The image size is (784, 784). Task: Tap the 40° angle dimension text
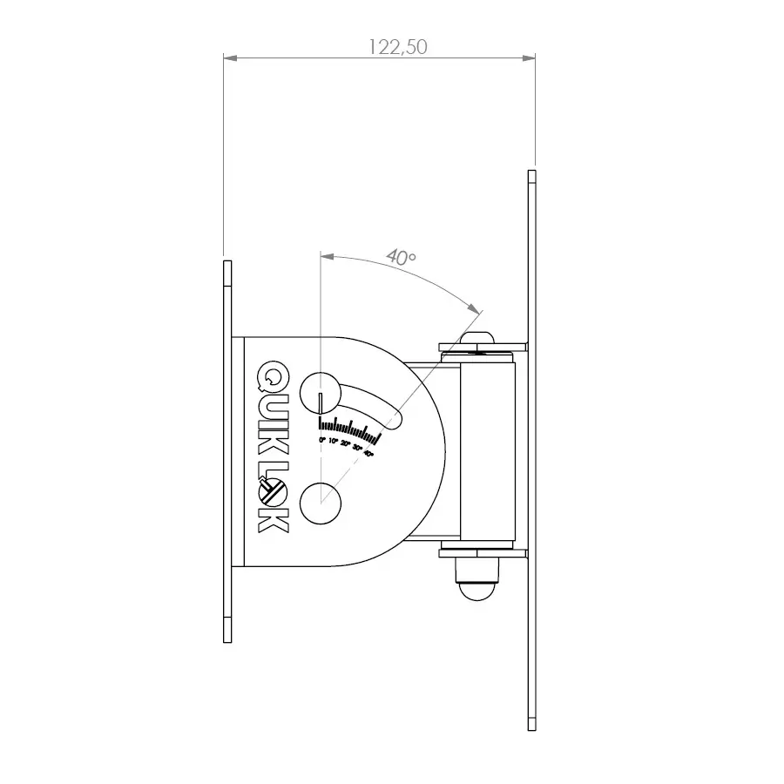(x=401, y=258)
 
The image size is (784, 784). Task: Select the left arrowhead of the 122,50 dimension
(x=229, y=58)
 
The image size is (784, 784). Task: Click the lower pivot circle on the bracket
(x=321, y=504)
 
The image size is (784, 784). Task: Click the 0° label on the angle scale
(x=322, y=443)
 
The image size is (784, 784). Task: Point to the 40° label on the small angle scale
(x=368, y=454)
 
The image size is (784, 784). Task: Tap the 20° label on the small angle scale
(x=345, y=445)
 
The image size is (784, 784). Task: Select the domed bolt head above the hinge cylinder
(x=477, y=338)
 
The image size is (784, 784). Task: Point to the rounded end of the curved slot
(x=393, y=422)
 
